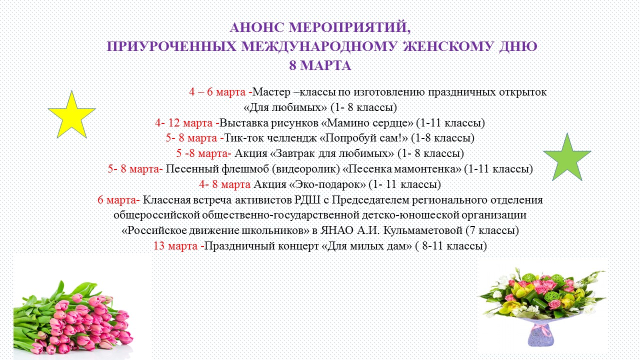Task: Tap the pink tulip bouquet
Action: point(75,320)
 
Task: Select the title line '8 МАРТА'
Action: point(320,65)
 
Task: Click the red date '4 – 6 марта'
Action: point(217,92)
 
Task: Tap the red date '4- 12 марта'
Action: point(184,123)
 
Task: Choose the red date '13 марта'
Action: point(175,246)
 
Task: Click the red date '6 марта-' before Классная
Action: point(118,200)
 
